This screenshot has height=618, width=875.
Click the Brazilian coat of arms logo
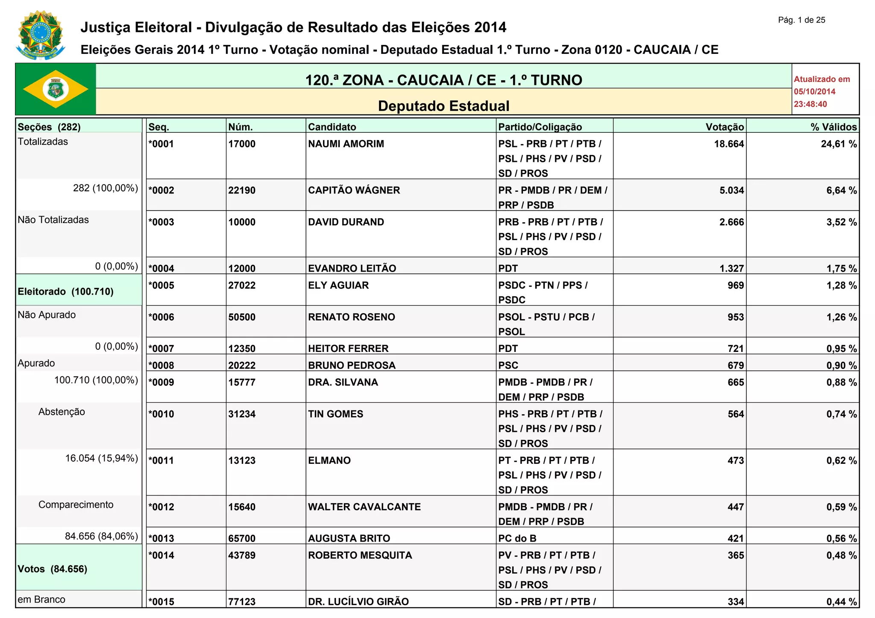pos(40,35)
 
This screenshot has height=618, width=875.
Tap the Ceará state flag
pos(56,89)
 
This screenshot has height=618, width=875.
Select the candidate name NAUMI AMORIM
pos(346,144)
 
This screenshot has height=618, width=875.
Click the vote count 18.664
pos(729,144)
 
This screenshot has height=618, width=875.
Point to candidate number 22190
pos(242,190)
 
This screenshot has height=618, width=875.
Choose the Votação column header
pos(725,127)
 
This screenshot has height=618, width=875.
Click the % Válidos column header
pos(834,127)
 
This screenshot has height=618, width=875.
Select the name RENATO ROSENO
pos(352,317)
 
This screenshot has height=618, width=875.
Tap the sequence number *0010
pos(161,414)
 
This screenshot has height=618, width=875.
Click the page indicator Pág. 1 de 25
pos(802,20)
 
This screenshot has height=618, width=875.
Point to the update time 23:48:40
pos(810,104)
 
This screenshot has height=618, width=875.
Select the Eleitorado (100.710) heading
pos(66,292)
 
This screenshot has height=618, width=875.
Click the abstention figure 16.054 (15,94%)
pos(102,459)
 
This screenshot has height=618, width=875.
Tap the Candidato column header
pos(332,127)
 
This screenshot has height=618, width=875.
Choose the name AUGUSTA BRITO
pos(349,539)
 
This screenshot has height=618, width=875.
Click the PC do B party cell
pos(517,539)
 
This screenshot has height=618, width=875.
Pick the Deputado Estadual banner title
pos(443,106)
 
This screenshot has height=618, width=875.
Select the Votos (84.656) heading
pos(53,569)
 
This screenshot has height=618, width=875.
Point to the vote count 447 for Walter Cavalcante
pos(736,507)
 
